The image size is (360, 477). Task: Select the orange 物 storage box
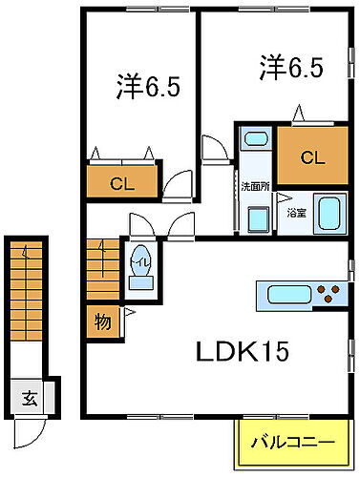[102, 321]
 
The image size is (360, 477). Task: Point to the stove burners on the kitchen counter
[329, 293]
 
